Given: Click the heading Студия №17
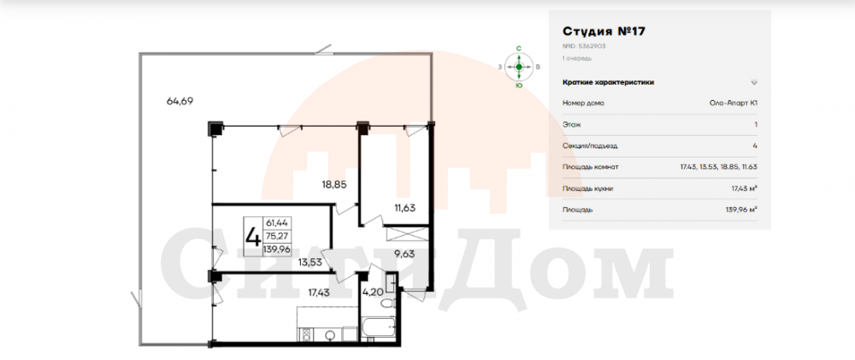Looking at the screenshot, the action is click(604, 31).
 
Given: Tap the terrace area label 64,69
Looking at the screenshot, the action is click(180, 100).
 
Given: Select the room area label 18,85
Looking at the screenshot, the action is click(334, 185).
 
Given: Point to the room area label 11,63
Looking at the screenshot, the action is click(407, 207).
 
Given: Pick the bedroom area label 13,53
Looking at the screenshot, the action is click(310, 262).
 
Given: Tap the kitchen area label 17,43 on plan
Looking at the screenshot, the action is click(319, 292).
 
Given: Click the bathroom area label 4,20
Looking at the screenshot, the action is click(373, 292).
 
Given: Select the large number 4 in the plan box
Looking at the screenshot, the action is click(253, 237).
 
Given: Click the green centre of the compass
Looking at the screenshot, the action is click(519, 67).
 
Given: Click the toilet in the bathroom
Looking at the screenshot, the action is click(386, 304).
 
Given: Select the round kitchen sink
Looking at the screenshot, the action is click(331, 335).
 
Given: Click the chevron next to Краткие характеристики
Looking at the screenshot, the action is click(754, 82).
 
